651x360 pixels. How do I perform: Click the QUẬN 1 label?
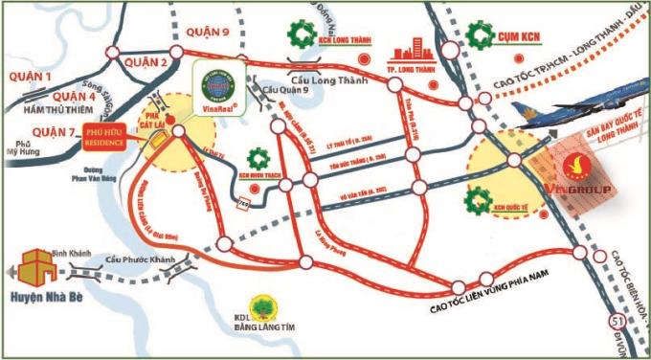28,74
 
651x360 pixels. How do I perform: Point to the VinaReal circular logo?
217,83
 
